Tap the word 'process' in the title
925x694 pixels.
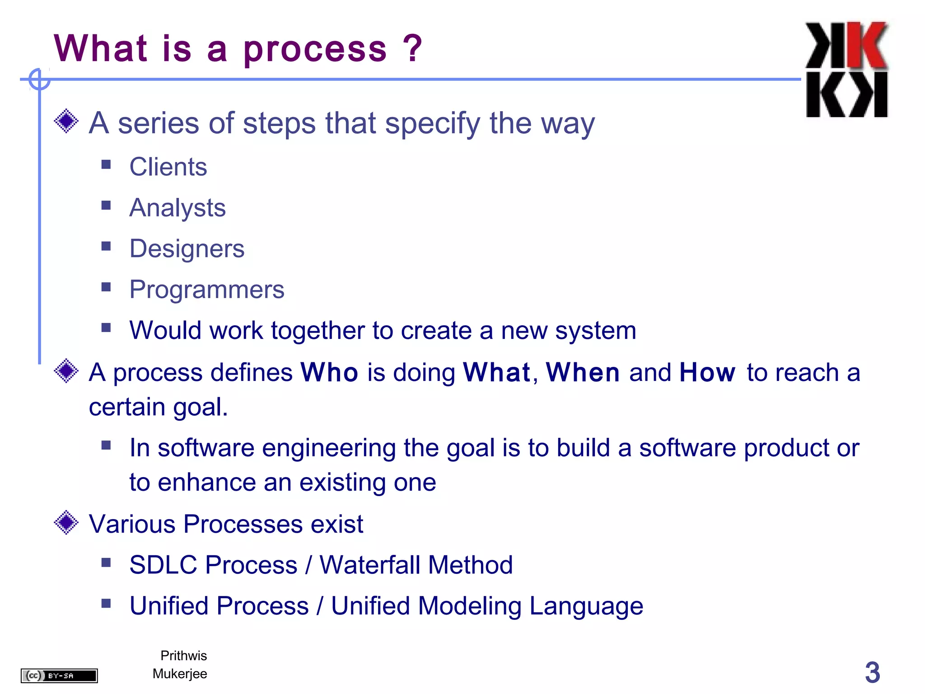[315, 50]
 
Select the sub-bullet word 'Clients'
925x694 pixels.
[168, 167]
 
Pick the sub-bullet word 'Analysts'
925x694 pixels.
[177, 208]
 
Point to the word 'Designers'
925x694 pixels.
[187, 249]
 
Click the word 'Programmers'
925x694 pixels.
[206, 290]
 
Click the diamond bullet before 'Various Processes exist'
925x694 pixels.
[66, 523]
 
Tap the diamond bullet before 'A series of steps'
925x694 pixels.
[66, 121]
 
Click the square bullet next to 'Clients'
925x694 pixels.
[106, 164]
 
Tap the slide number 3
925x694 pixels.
[872, 672]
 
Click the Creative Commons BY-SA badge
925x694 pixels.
[59, 675]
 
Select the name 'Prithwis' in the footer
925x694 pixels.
[183, 656]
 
